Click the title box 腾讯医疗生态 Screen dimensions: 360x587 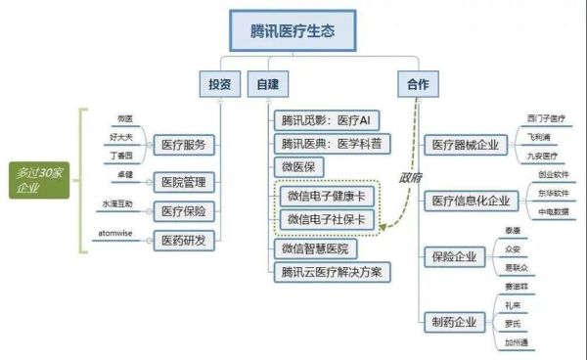[x=292, y=31]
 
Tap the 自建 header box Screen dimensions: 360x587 [x=264, y=84]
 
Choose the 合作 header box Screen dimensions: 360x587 [x=416, y=84]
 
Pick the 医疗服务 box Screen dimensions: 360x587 [x=183, y=144]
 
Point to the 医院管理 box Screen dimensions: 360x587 [x=183, y=180]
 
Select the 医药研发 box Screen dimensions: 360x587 [x=183, y=238]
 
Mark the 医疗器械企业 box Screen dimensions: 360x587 [x=464, y=145]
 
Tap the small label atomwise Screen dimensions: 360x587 [x=119, y=233]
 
